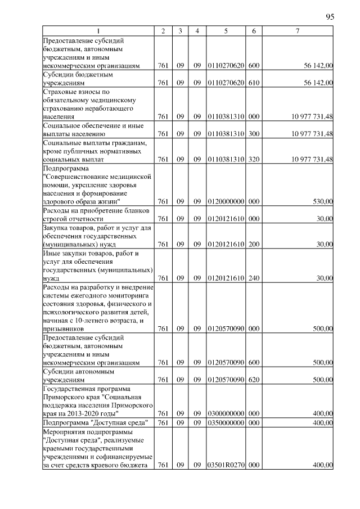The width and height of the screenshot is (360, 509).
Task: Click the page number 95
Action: (330, 17)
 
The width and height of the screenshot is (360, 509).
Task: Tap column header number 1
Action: (99, 30)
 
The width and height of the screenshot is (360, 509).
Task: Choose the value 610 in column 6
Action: (254, 83)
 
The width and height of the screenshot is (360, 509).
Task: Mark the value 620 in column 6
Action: (254, 380)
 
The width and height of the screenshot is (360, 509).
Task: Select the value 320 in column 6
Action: (254, 159)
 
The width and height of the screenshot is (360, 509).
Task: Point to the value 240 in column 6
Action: (254, 278)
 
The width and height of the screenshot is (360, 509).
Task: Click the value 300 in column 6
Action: (254, 134)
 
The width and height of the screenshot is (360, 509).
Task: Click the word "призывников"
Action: (64, 328)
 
